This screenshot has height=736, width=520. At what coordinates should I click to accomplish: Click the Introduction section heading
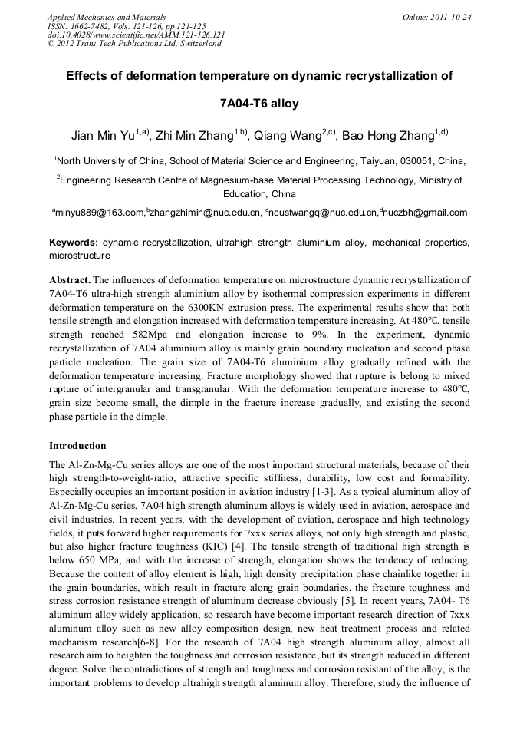[x=77, y=445]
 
